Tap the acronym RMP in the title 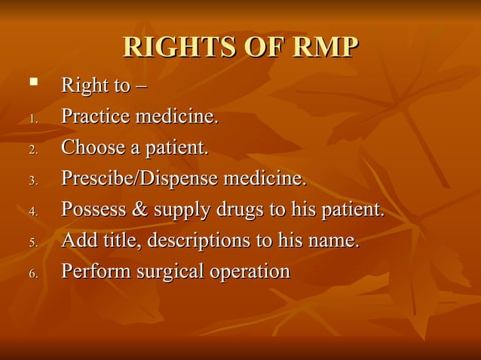click(323, 47)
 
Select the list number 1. click(32, 119)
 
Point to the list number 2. click(32, 150)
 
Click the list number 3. click(32, 181)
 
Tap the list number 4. click(32, 212)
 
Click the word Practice click(95, 117)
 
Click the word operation click(247, 272)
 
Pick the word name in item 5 click(336, 241)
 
